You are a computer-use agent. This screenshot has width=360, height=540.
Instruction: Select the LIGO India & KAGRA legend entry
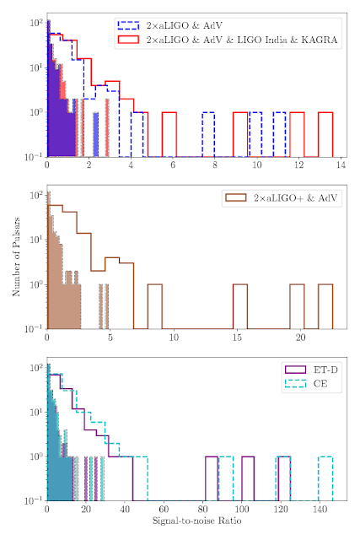[227, 40]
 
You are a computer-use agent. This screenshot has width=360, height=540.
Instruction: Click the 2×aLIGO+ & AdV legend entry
[282, 197]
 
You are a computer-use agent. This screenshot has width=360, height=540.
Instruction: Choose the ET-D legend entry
[311, 370]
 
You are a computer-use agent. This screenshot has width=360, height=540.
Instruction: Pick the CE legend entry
[306, 384]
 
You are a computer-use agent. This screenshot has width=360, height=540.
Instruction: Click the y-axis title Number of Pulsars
[16, 256]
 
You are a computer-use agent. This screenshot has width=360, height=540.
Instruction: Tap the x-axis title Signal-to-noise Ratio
[197, 521]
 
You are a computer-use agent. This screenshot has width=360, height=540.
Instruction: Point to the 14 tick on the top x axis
[341, 165]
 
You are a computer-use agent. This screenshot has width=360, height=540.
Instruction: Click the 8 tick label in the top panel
[215, 165]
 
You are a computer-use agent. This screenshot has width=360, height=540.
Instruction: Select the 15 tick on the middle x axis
[237, 337]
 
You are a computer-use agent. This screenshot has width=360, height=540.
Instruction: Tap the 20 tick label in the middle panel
[300, 337]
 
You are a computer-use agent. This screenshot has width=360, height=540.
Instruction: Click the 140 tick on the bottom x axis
[320, 510]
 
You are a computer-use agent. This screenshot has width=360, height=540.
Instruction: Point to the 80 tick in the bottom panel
[202, 510]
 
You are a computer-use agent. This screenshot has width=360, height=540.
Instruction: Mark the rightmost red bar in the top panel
[325, 134]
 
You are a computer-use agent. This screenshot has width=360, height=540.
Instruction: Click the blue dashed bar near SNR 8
[208, 134]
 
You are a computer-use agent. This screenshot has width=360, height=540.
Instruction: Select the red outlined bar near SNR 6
[169, 134]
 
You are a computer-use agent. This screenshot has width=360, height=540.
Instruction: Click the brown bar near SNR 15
[240, 306]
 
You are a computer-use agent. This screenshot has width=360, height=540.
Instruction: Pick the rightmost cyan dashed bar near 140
[325, 478]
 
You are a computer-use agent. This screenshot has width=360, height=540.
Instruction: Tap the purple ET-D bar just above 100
[248, 478]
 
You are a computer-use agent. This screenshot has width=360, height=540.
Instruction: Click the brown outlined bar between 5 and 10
[155, 306]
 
